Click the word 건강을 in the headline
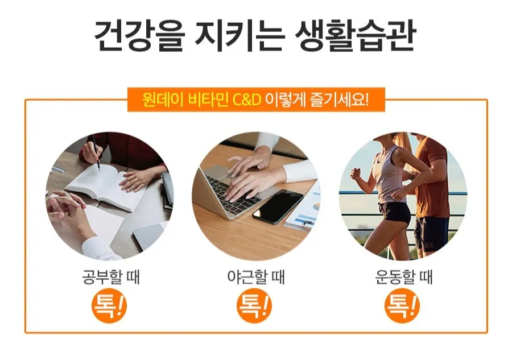coord(140,36)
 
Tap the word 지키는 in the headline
coord(240,36)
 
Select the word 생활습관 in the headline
coord(355,36)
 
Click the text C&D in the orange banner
coord(247,100)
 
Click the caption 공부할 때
coord(111,277)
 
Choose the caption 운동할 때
coord(404,277)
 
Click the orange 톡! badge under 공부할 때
coord(109,306)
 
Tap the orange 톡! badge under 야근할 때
coord(254,306)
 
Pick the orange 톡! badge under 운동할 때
coord(402,306)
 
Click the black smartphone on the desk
coord(278,207)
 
